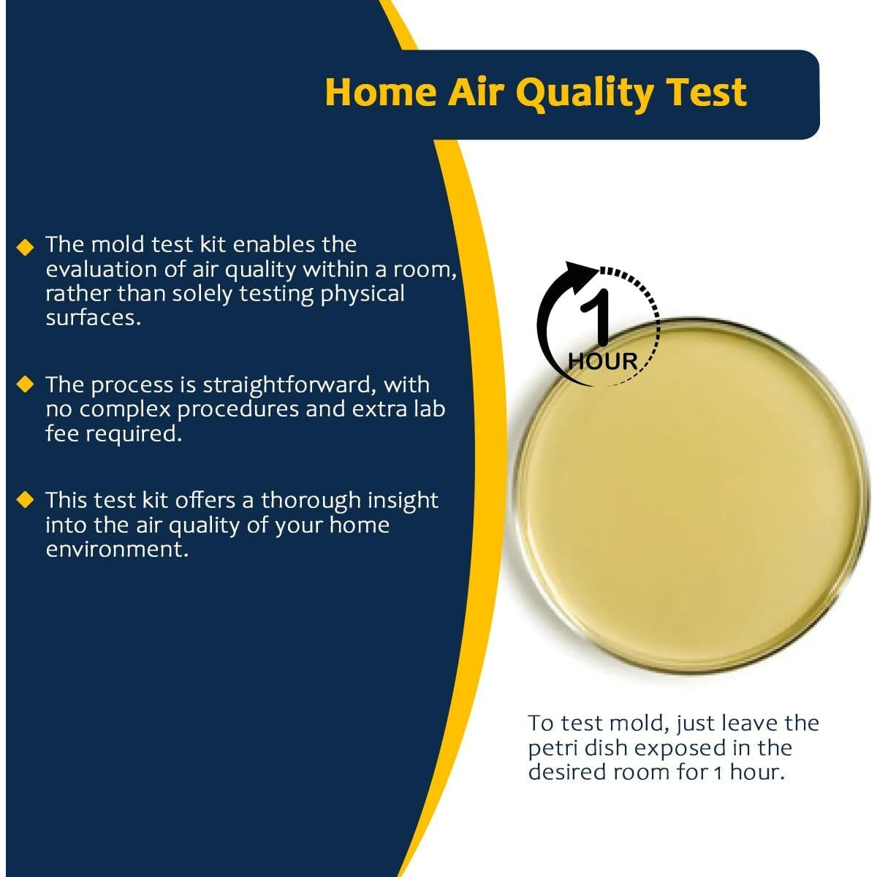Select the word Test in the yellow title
(705, 92)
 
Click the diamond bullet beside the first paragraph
(26, 247)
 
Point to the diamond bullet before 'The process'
(26, 384)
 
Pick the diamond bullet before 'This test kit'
(26, 500)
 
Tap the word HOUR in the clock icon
(603, 361)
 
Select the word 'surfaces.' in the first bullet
(93, 318)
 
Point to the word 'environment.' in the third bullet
(117, 549)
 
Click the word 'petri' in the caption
(552, 748)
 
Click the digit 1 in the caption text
(718, 772)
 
